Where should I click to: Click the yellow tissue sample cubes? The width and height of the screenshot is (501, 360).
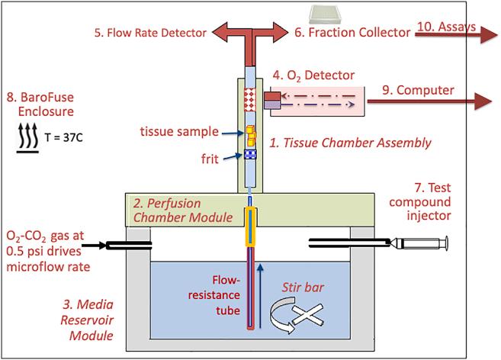pyautogui.click(x=251, y=136)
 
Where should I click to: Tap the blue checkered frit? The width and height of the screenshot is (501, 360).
pyautogui.click(x=250, y=154)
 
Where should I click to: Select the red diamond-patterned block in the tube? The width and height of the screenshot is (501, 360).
pyautogui.click(x=250, y=99)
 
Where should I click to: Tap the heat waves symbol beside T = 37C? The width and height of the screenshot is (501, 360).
pyautogui.click(x=27, y=138)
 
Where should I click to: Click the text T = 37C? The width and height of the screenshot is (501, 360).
pyautogui.click(x=63, y=137)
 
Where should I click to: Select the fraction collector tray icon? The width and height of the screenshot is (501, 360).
pyautogui.click(x=326, y=14)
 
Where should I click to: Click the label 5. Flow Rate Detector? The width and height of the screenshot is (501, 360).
pyautogui.click(x=150, y=33)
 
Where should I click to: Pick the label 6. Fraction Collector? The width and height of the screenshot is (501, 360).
pyautogui.click(x=352, y=32)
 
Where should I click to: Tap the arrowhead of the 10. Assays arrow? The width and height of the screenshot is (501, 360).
pyautogui.click(x=488, y=34)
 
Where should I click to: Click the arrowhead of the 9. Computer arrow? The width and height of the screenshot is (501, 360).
pyautogui.click(x=483, y=101)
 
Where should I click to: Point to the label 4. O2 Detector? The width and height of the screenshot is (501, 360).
pyautogui.click(x=313, y=76)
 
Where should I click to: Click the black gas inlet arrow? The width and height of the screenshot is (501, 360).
pyautogui.click(x=94, y=246)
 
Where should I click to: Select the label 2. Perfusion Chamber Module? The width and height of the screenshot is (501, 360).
pyautogui.click(x=183, y=211)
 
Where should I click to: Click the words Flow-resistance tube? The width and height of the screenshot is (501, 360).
pyautogui.click(x=214, y=295)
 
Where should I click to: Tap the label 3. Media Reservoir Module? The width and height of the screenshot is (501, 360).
pyautogui.click(x=87, y=320)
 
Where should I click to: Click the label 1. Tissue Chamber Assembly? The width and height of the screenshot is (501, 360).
pyautogui.click(x=351, y=143)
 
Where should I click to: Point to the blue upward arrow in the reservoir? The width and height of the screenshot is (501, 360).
pyautogui.click(x=260, y=296)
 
